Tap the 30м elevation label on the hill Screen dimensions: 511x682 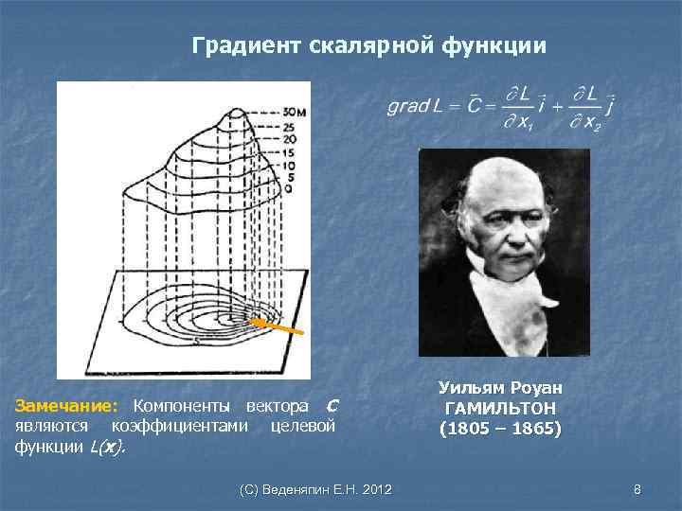tap(296, 113)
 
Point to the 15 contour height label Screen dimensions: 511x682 tap(290, 151)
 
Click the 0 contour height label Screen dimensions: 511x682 tap(287, 188)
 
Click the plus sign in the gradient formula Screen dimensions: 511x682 tap(556, 106)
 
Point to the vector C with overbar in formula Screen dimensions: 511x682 tap(463, 105)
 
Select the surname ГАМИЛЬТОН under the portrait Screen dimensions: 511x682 tap(500, 409)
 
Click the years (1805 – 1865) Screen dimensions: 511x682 tap(500, 429)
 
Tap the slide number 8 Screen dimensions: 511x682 tap(637, 489)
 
